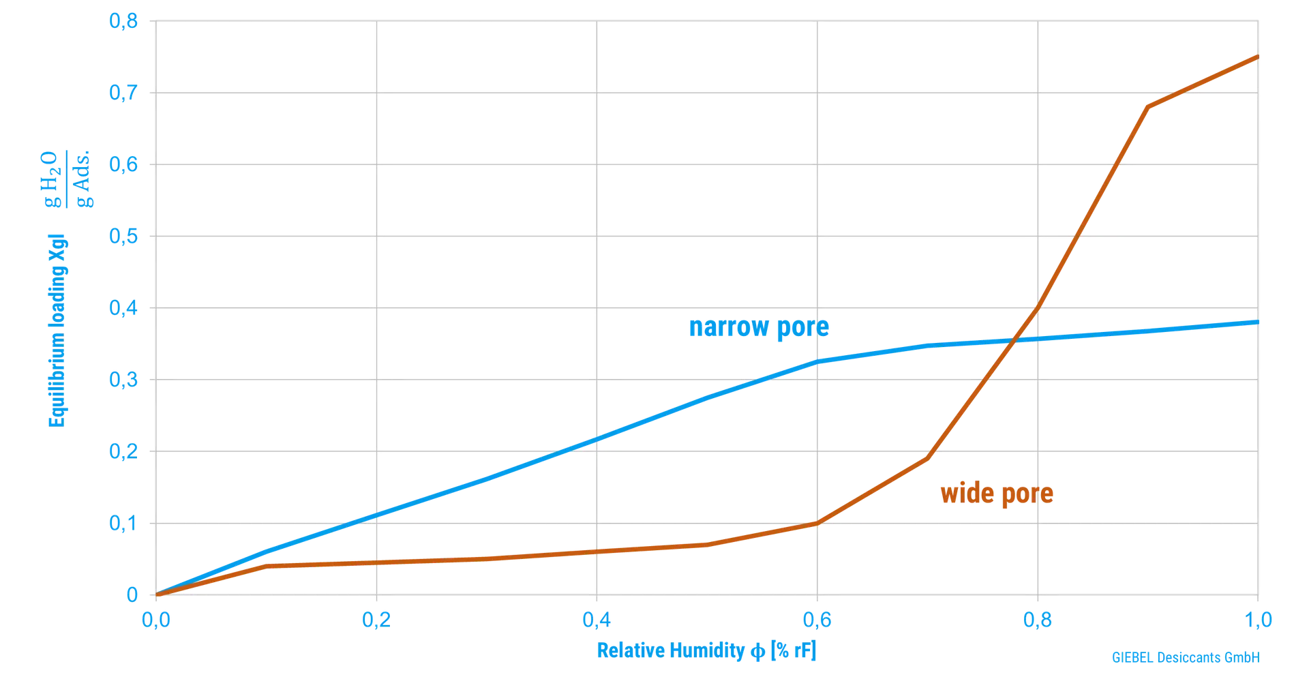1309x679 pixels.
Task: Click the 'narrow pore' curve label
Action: pos(758,328)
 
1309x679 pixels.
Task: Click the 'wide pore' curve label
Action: pos(997,494)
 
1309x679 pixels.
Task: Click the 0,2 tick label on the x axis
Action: pos(376,620)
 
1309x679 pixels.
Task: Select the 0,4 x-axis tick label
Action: pos(597,620)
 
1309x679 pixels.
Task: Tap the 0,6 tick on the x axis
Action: pos(817,620)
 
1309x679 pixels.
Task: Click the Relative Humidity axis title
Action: pos(706,651)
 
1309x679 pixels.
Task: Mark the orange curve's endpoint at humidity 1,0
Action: pos(1257,57)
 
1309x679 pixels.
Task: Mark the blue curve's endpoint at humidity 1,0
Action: pos(1257,322)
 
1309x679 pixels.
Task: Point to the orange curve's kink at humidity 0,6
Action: pos(817,524)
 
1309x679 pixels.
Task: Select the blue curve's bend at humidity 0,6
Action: pos(817,361)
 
